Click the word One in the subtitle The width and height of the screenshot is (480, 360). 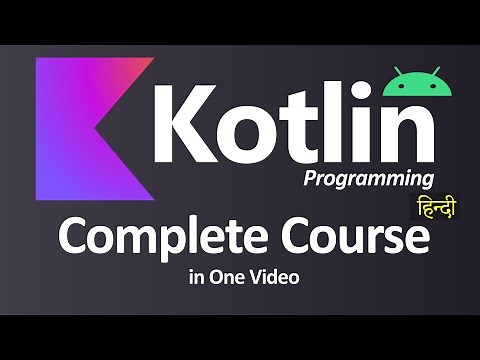240,275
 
